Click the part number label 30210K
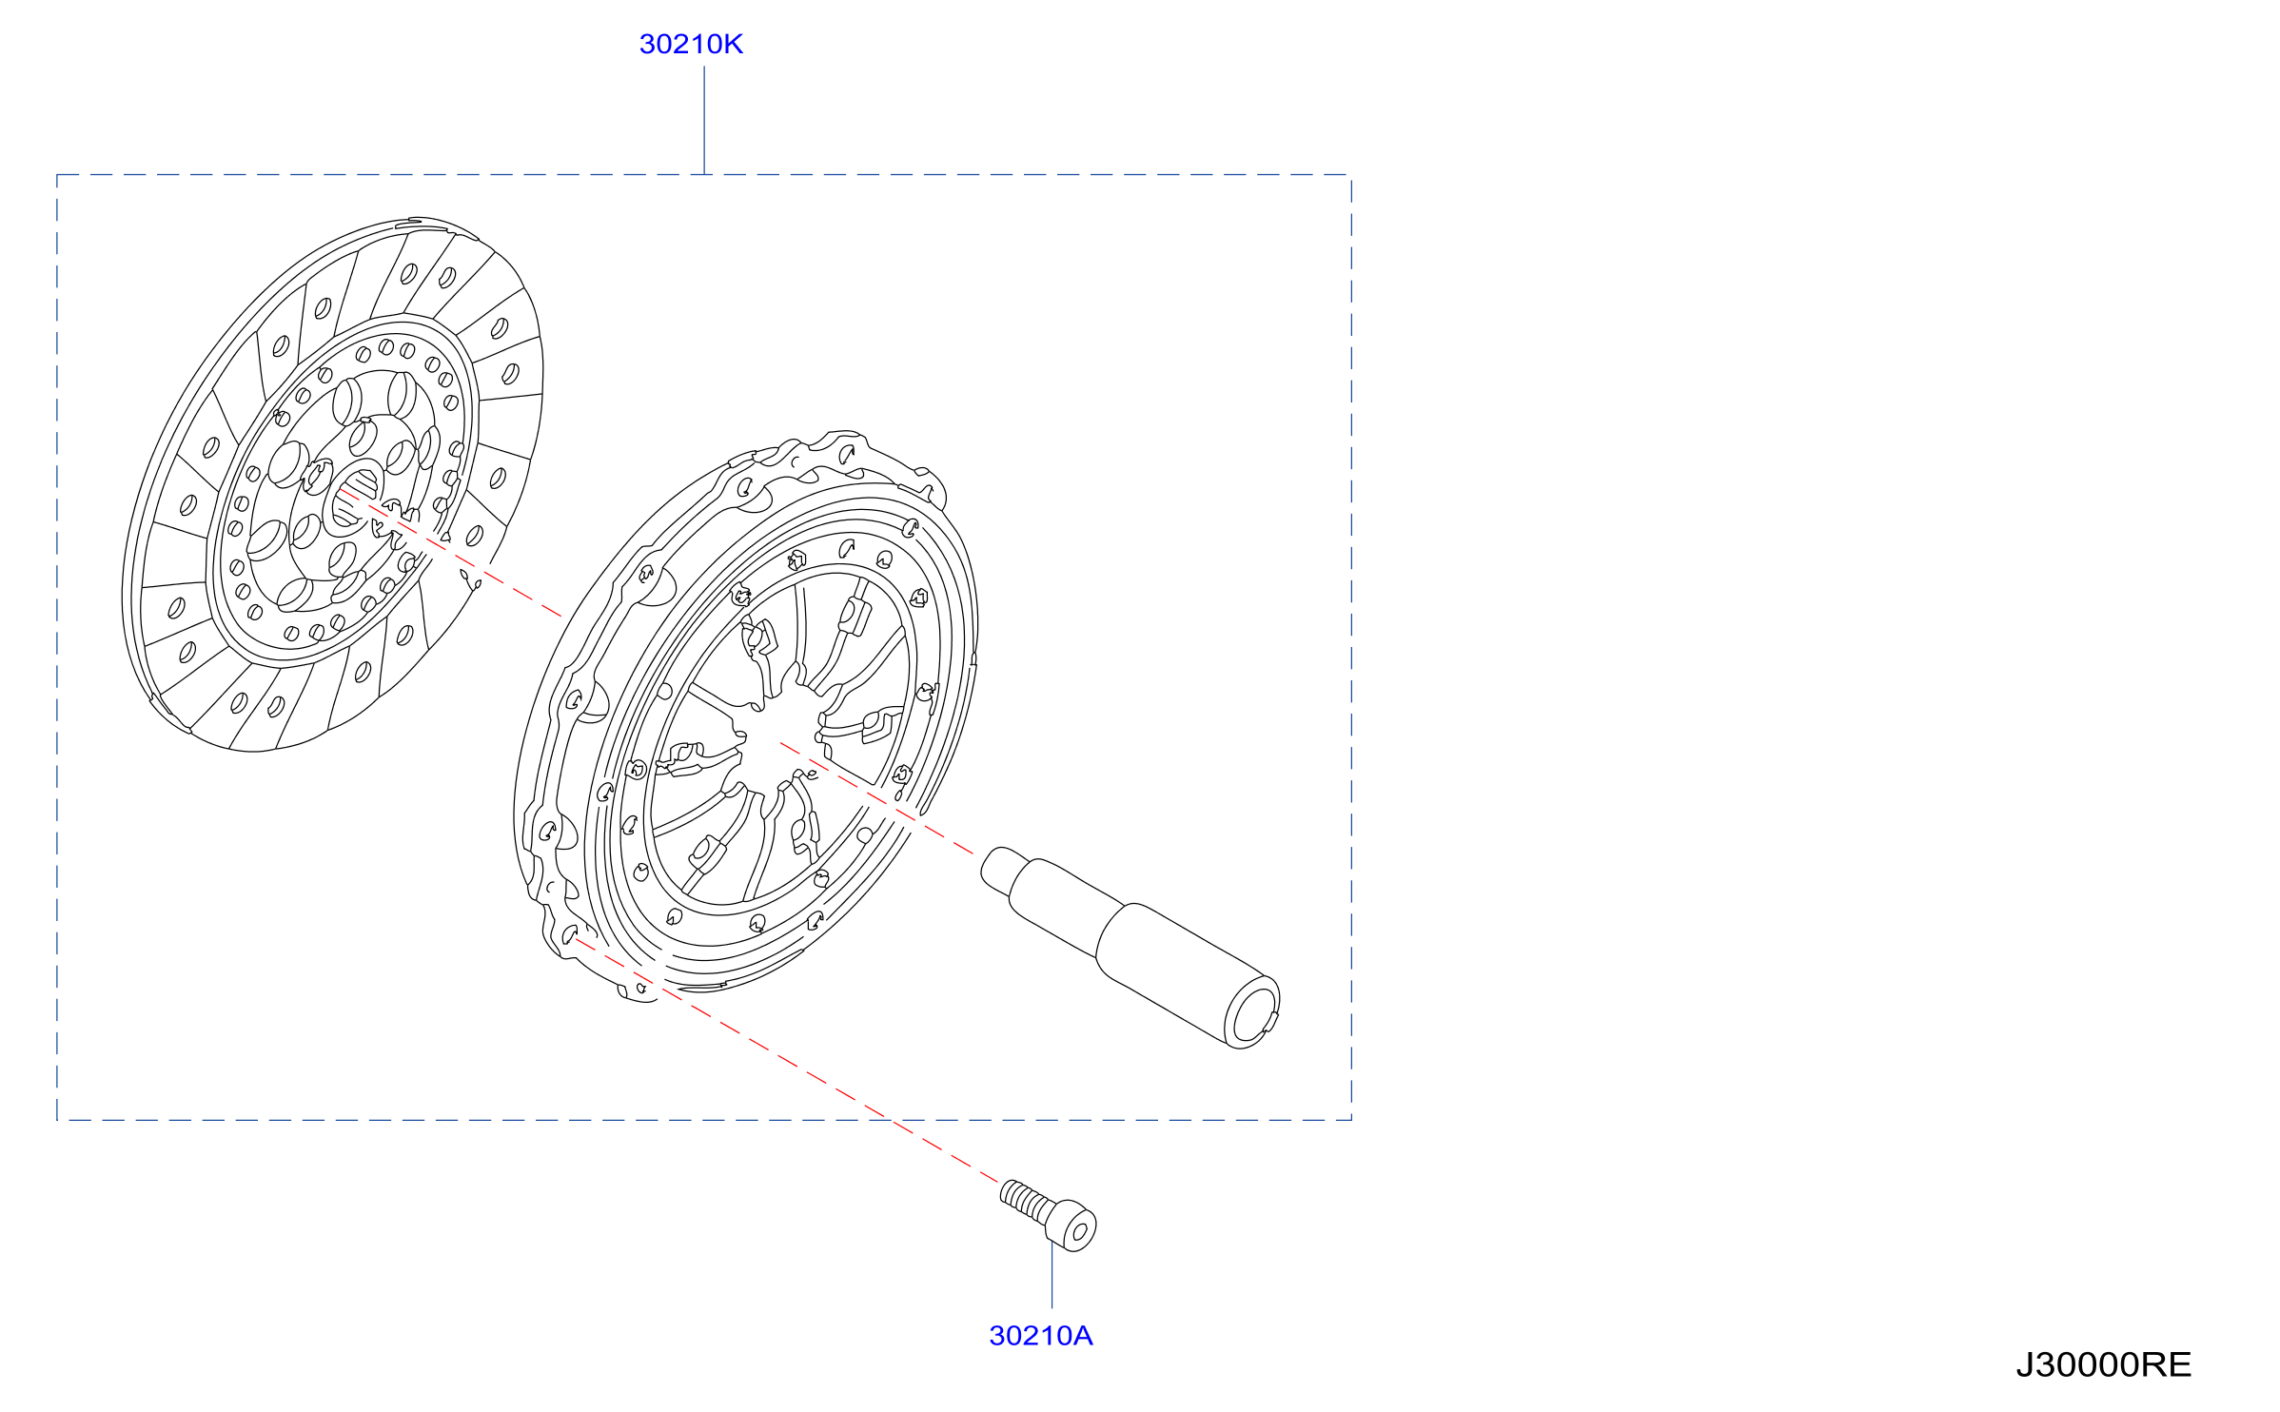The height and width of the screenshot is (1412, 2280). pos(691,44)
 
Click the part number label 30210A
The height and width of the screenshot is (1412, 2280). pos(1041,1336)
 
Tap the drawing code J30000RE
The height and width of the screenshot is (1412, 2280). pos(2103,1364)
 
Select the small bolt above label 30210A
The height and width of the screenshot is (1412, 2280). pos(1048,1215)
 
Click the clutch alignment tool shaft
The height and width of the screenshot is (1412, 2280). pos(1130,946)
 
